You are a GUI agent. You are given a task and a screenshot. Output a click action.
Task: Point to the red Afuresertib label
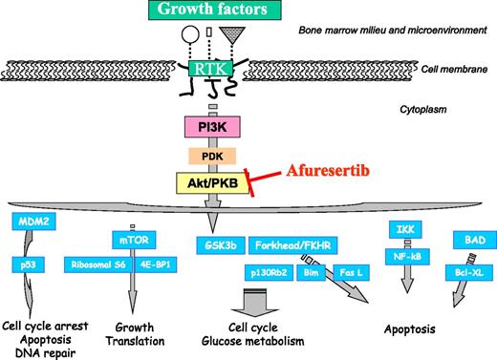click(x=331, y=173)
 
